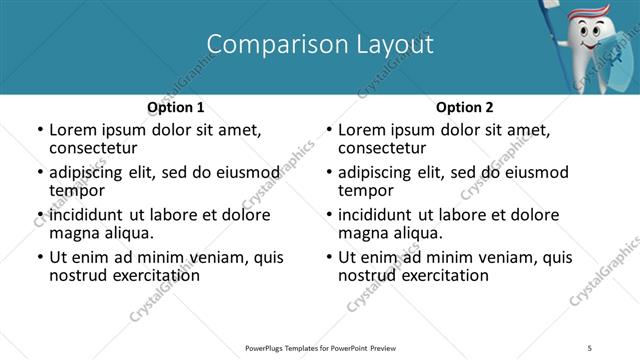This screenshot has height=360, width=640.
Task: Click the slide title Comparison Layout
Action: tap(319, 44)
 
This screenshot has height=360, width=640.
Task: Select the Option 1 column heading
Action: tap(176, 107)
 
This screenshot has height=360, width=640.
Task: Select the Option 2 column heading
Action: tap(465, 107)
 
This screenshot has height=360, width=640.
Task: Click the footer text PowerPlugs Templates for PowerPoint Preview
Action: tap(320, 347)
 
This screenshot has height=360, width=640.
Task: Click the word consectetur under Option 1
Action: tap(92, 148)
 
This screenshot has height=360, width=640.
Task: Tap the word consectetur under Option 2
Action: tap(381, 148)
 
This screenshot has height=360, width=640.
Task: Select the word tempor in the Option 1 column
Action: tap(77, 190)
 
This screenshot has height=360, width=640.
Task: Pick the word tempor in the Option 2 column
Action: tap(366, 190)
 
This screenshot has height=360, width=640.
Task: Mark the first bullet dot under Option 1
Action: tap(40, 131)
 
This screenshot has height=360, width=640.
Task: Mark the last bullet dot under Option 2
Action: tap(329, 257)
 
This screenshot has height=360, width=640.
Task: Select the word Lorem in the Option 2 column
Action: tap(361, 130)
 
